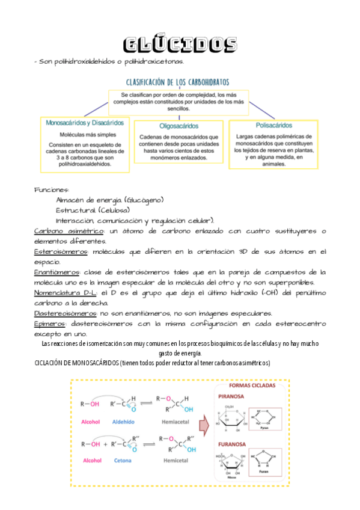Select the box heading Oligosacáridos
pos(180,126)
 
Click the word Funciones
pos(51,189)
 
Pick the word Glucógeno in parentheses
pos(144,200)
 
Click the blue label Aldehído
pos(124,422)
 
